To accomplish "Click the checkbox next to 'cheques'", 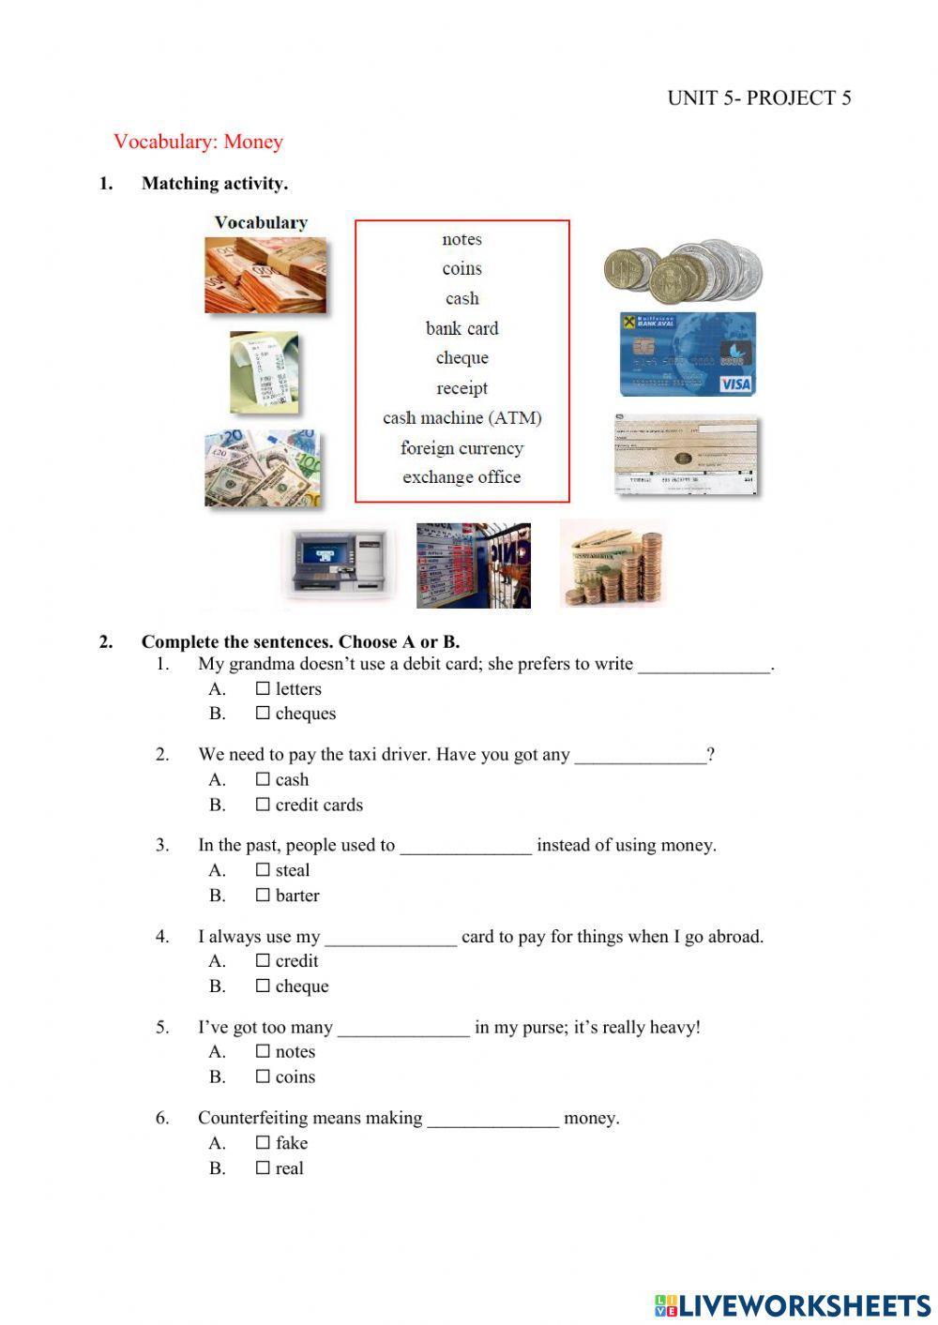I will [x=263, y=714].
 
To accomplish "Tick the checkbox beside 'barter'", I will [x=263, y=896].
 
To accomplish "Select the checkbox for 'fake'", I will [x=263, y=1143].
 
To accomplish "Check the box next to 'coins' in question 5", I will [x=263, y=1077].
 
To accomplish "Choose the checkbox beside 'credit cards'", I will [x=263, y=805].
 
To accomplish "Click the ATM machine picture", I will [x=338, y=565].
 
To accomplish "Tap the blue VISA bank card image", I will [x=688, y=354].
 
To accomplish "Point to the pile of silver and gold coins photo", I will [x=683, y=270].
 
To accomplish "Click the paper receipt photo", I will [x=264, y=372].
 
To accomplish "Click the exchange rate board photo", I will [x=473, y=565].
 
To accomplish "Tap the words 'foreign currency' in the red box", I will [x=461, y=448].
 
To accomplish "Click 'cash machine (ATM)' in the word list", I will [x=461, y=418].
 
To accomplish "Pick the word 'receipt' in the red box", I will [x=461, y=388].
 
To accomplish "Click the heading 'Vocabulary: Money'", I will [x=198, y=142].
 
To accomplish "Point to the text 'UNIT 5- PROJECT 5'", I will [x=759, y=98].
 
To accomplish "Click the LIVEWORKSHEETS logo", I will [x=792, y=1305].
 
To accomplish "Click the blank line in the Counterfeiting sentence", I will [x=492, y=1120].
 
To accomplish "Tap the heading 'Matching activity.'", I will [x=215, y=184].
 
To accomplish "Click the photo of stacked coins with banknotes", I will [x=613, y=565].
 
